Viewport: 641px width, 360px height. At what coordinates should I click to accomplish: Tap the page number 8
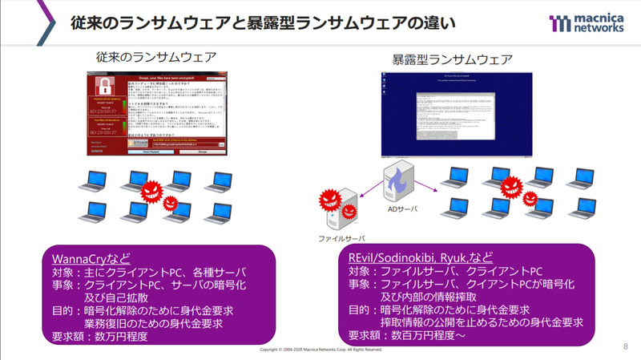(x=625, y=346)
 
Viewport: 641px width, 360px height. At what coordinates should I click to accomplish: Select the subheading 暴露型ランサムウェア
(x=454, y=59)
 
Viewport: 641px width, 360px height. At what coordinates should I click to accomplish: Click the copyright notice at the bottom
(x=320, y=351)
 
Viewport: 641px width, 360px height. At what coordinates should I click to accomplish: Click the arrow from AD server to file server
(x=369, y=192)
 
